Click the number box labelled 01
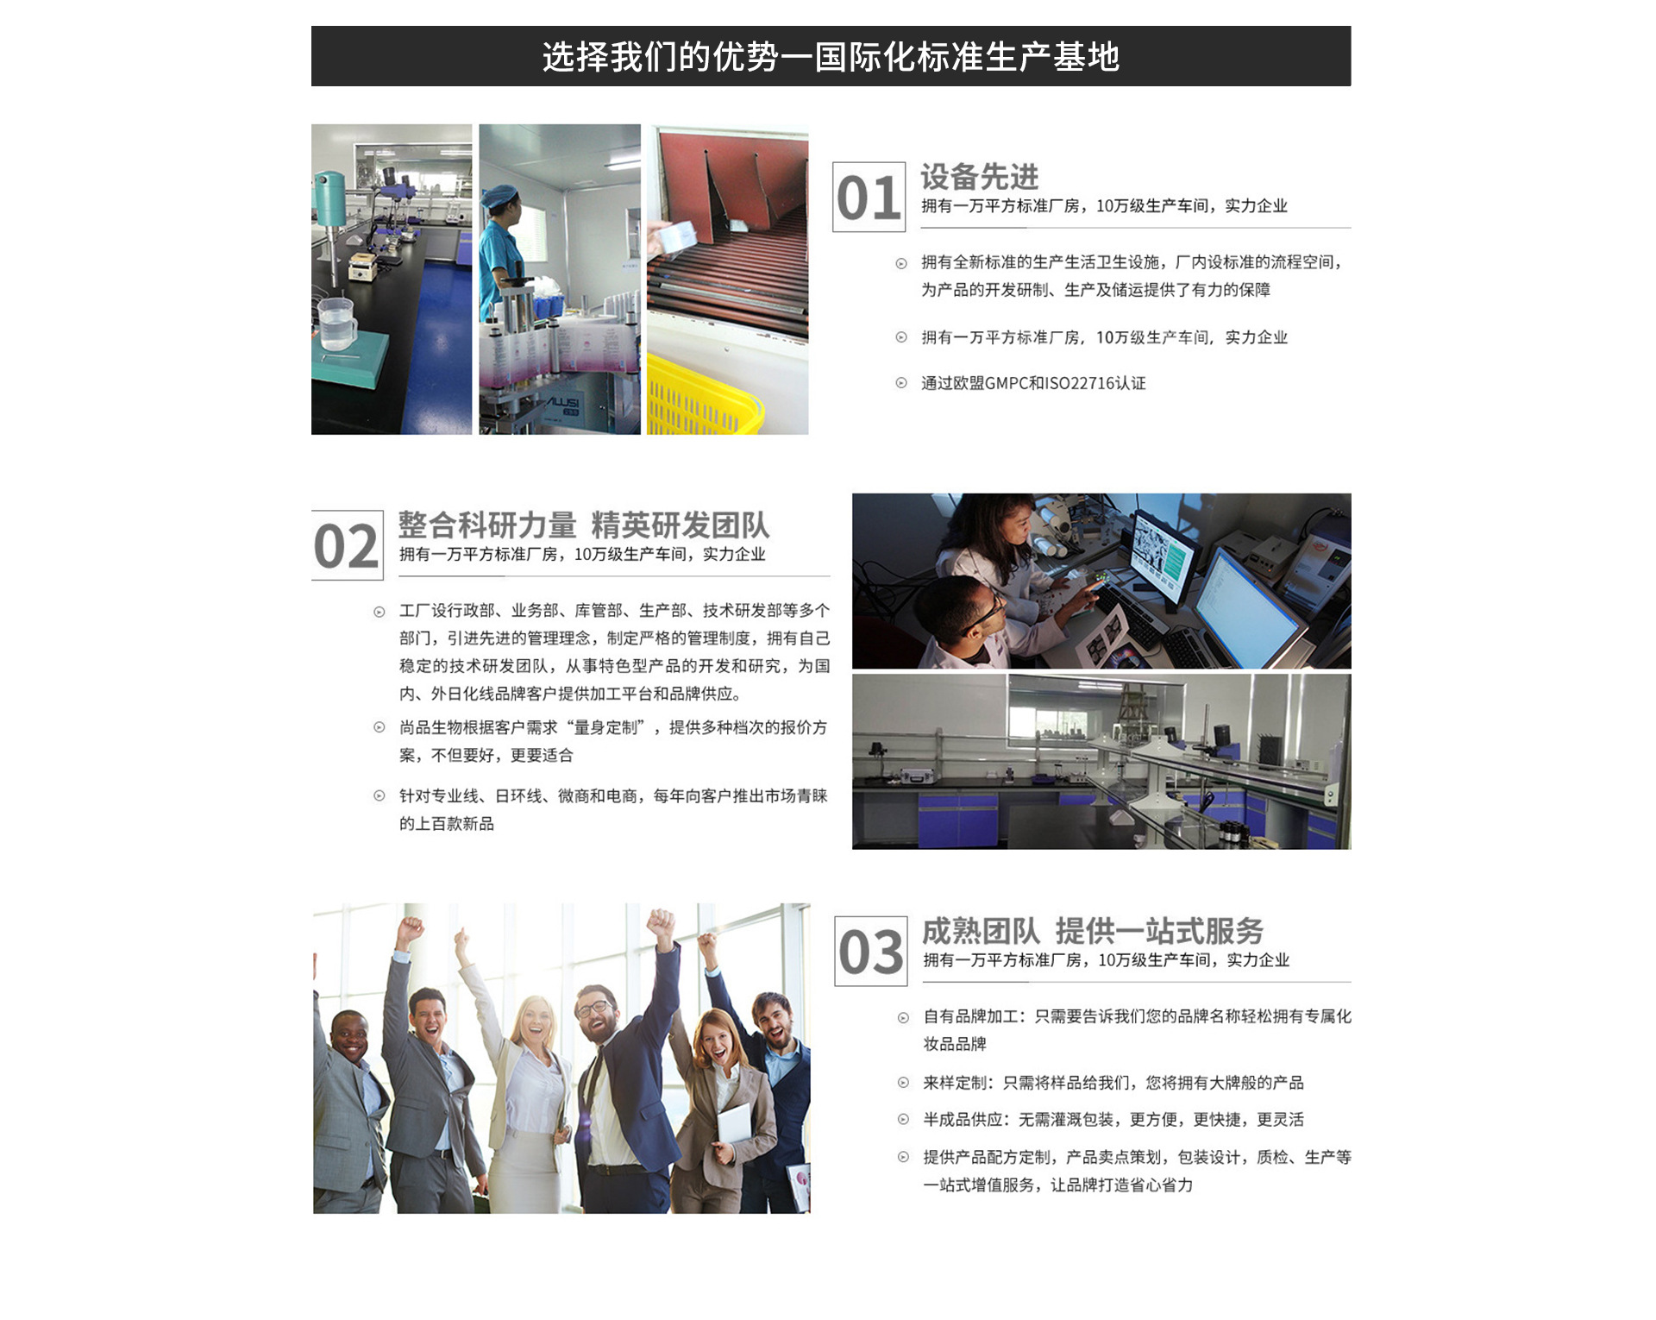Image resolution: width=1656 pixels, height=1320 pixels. pos(869,197)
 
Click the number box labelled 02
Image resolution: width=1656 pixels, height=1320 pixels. pos(347,545)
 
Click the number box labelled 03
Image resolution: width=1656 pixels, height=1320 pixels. pos(871,951)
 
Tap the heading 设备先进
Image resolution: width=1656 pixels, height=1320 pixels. pos(980,177)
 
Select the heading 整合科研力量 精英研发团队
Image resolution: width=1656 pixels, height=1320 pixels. pos(583,525)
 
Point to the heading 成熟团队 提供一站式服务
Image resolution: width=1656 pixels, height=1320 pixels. pos(1093,931)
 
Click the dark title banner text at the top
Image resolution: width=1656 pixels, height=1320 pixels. pos(831,57)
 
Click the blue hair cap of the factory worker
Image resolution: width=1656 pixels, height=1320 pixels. pos(499,197)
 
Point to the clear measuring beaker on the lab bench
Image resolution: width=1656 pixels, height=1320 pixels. pos(336,324)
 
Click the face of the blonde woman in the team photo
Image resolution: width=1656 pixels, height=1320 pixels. pos(534,1021)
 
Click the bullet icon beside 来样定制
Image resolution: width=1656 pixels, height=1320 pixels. pos(903,1083)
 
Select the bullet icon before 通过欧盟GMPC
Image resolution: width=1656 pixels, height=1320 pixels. pos(901,383)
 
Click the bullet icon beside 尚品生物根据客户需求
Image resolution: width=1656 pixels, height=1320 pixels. pos(379,727)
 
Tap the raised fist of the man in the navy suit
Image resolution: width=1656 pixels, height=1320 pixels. pos(661,924)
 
